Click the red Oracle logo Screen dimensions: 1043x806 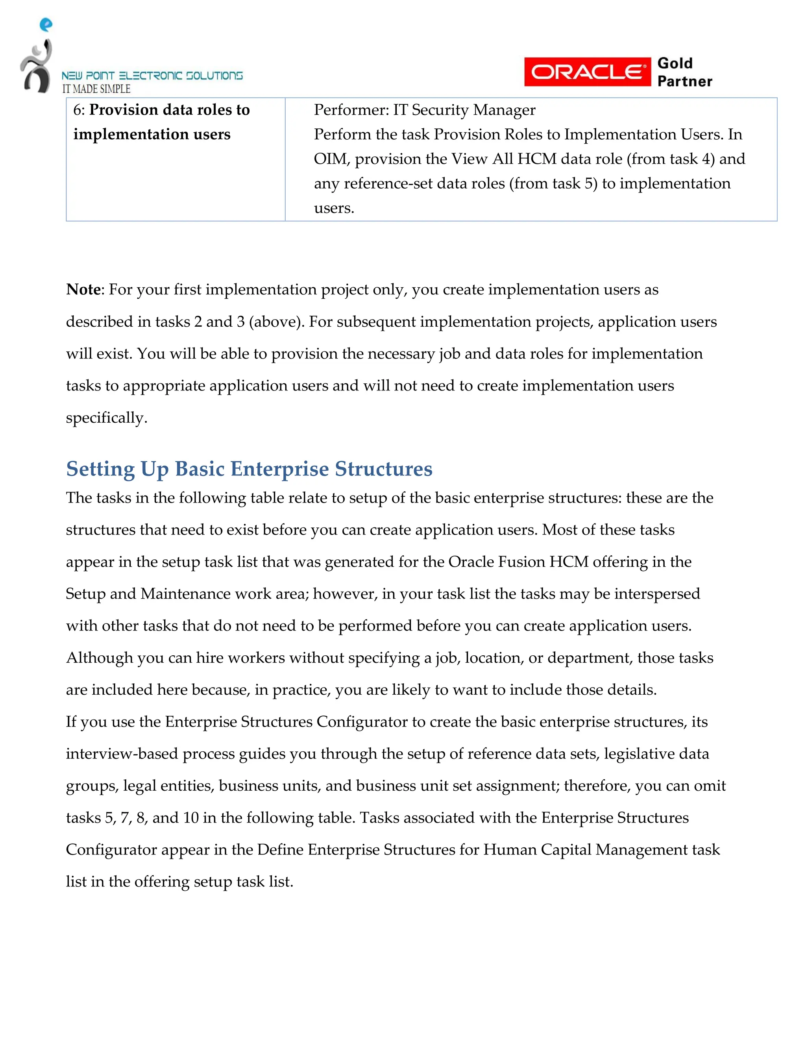coord(587,72)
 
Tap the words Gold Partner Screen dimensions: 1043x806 coord(684,72)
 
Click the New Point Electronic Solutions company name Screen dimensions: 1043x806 coord(152,76)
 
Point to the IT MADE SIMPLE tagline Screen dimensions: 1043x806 coord(96,89)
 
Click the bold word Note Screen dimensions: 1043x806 coord(83,289)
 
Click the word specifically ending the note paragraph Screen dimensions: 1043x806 coord(105,418)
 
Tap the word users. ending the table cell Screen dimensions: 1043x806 coord(334,208)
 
